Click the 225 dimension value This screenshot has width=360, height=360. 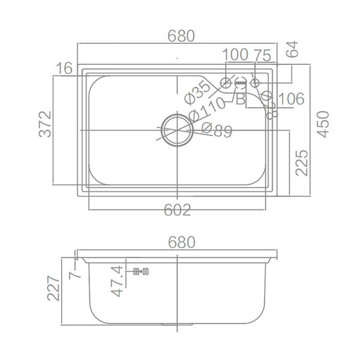tap(301, 163)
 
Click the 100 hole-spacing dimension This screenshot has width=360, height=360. tap(235, 55)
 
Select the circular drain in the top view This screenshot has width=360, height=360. tap(176, 129)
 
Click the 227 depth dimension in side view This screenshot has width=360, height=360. tap(55, 288)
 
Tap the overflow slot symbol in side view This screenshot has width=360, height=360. tap(140, 272)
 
